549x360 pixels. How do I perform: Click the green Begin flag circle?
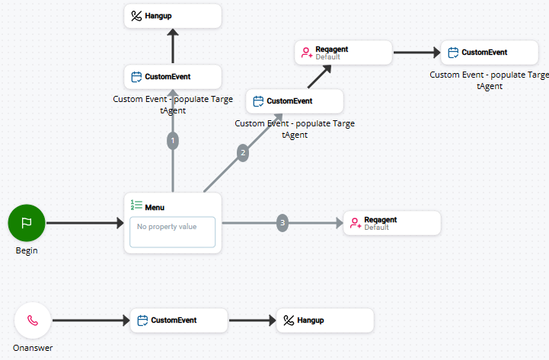[27, 223]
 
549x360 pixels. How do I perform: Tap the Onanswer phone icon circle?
[33, 320]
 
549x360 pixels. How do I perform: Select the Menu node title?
[155, 206]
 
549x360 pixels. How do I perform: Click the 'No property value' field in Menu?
[172, 232]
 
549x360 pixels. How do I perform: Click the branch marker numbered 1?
[173, 141]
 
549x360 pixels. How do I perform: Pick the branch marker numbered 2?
[243, 152]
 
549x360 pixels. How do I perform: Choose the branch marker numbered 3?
[282, 223]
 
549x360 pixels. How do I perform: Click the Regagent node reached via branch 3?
[392, 223]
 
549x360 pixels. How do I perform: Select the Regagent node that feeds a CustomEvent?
[343, 53]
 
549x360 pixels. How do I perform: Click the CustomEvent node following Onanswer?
[179, 320]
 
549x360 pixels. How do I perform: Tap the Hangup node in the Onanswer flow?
[325, 320]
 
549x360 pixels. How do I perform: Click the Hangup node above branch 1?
[173, 16]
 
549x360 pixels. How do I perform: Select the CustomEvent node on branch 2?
[295, 101]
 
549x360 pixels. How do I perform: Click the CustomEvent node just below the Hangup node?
[173, 77]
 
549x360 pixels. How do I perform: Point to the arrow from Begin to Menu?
[84, 223]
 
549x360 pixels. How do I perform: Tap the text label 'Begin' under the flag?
[27, 250]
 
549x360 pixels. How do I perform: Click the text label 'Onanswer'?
[33, 348]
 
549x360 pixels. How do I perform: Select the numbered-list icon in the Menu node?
[137, 205]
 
